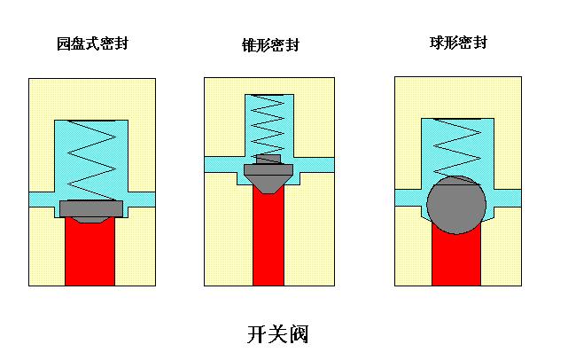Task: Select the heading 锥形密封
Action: pos(269,44)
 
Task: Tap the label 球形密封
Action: pos(455,42)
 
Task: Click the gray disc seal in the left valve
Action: pos(91,209)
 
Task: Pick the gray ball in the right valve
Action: pos(455,205)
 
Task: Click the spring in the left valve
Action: pos(91,160)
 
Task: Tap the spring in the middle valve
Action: pos(269,124)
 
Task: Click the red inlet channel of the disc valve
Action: pos(90,253)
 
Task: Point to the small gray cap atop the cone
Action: pos(268,158)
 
